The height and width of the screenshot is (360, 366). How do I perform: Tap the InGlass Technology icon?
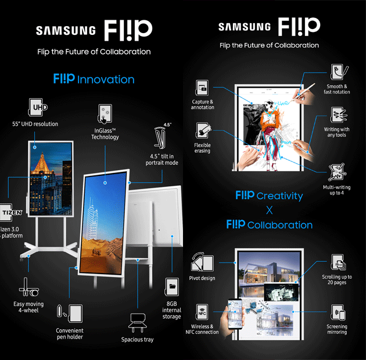[x=105, y=112]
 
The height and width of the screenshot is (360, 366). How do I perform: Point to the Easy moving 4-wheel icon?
[x=28, y=286]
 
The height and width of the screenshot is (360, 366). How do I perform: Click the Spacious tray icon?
[x=137, y=322]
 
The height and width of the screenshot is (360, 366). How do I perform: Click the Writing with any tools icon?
[x=337, y=116]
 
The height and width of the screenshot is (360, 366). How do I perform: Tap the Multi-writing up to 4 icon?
[x=337, y=172]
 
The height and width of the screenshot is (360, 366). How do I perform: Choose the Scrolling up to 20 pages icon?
[x=337, y=261]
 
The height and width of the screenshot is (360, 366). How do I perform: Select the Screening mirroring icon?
[x=337, y=314]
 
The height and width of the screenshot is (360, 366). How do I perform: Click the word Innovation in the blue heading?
[x=106, y=80]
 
